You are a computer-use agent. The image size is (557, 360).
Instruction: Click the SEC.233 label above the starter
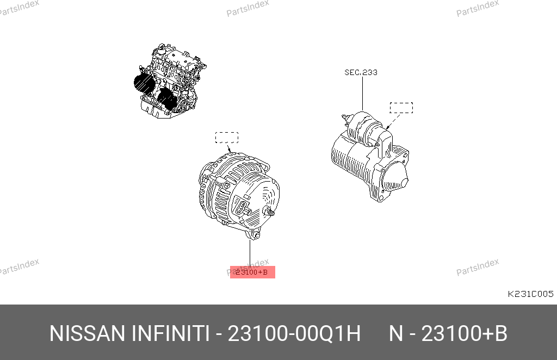(x=361, y=72)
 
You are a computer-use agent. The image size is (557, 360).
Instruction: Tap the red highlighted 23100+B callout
(x=252, y=272)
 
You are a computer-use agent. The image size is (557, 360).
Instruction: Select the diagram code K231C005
(x=530, y=294)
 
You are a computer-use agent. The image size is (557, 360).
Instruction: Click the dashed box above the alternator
(x=227, y=138)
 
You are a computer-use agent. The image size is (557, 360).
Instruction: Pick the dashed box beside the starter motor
(x=401, y=108)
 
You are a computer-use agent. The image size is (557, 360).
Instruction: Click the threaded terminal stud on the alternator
(x=270, y=212)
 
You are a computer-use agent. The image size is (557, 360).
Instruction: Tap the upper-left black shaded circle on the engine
(x=144, y=84)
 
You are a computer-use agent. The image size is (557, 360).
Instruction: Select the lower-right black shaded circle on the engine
(x=167, y=99)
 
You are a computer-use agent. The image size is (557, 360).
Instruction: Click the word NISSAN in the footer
(x=88, y=334)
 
